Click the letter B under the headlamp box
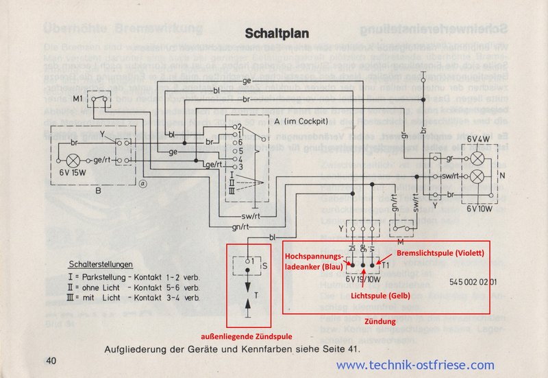97,191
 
